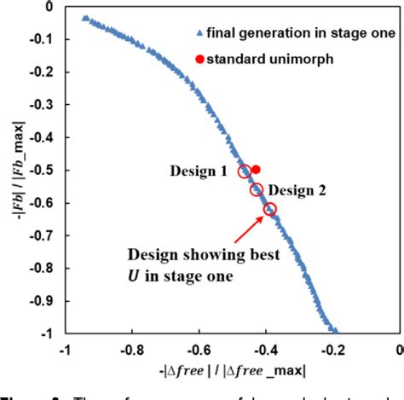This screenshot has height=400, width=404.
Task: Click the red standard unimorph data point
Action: [256, 170]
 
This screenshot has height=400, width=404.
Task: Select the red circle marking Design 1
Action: [245, 171]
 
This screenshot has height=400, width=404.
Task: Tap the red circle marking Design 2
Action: [257, 189]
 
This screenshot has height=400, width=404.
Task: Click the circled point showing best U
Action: [270, 209]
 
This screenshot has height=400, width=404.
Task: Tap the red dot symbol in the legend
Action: [199, 59]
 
